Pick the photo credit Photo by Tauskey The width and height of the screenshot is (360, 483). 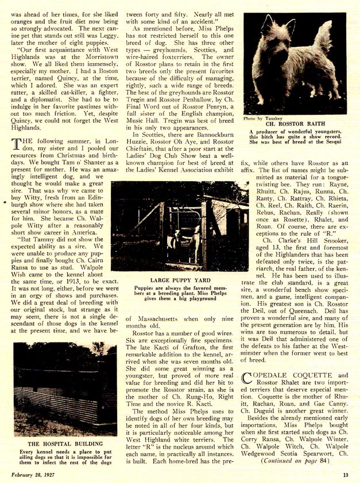click(x=262, y=118)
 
